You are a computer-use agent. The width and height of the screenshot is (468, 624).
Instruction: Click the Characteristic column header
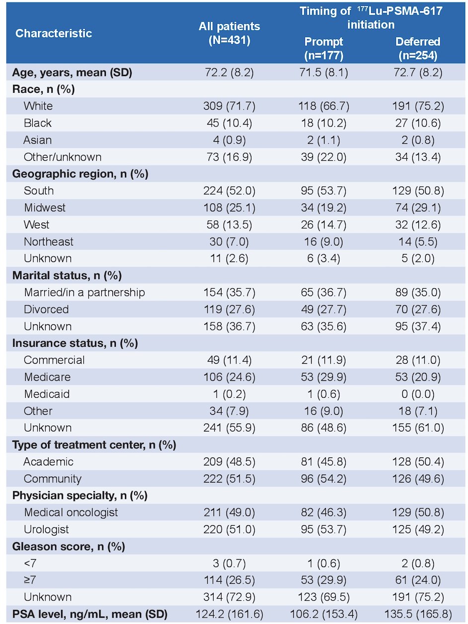pos(54,33)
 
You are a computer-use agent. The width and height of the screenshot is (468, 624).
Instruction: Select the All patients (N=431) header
pos(229,33)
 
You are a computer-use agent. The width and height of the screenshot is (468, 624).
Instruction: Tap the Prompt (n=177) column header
pos(323,48)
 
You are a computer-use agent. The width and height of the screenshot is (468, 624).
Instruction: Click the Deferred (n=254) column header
pos(418,48)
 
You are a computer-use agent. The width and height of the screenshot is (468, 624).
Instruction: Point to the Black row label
pos(38,123)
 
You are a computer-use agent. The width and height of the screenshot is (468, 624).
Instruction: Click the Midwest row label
pos(45,207)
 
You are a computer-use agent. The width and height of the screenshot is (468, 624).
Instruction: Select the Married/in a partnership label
pos(84,292)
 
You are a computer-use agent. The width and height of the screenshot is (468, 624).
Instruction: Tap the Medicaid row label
pos(47,394)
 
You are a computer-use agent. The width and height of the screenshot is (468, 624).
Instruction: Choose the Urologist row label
pos(46,530)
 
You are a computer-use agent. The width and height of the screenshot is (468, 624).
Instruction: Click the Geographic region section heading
pos(80,174)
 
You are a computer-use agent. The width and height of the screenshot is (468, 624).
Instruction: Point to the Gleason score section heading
pos(69,547)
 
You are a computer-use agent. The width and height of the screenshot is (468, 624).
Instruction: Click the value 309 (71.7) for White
pos(229,106)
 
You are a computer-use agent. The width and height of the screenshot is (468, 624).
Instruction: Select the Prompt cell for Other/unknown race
pos(323,157)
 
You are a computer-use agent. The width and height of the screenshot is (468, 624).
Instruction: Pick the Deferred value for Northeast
pos(418,242)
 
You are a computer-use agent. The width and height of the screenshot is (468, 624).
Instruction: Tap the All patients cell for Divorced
pos(229,310)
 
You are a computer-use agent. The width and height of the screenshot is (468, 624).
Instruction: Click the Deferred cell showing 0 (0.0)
pos(418,394)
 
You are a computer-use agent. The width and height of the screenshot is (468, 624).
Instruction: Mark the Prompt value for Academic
pos(323,462)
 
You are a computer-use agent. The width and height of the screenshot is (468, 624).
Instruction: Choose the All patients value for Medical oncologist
pos(229,512)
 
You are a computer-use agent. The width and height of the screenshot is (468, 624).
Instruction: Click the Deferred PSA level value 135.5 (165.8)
pos(418,615)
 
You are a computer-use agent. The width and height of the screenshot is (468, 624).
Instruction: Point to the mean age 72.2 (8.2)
pos(229,72)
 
